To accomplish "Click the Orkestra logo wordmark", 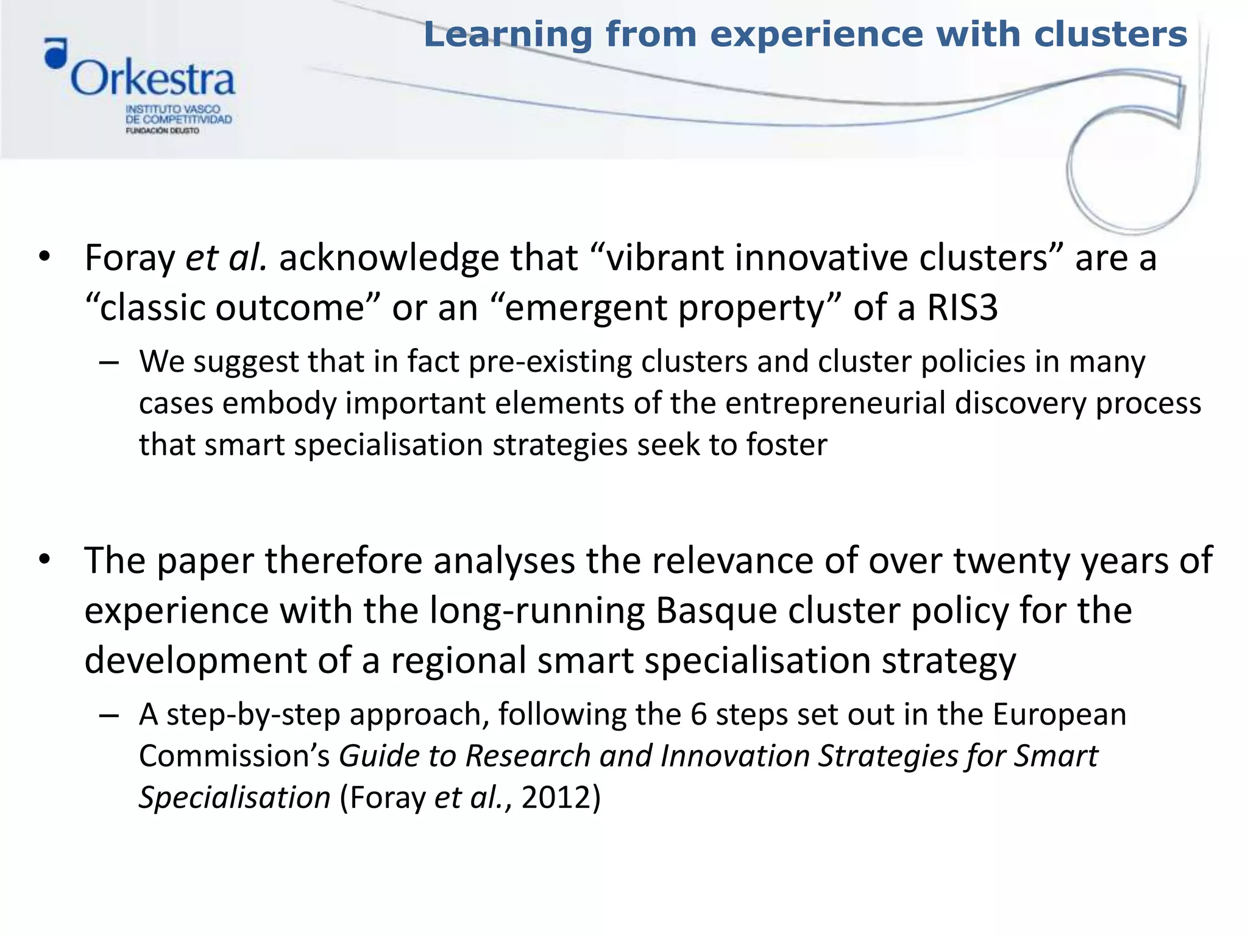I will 152,79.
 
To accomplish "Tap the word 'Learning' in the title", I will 508,34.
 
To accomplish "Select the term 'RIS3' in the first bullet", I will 962,307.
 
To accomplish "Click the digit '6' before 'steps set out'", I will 698,714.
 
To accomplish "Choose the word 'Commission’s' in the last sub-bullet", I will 235,756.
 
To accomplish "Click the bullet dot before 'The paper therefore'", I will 44,559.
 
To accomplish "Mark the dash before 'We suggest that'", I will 108,362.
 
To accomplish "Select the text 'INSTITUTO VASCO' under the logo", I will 172,109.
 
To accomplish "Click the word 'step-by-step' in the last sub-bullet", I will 253,714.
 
